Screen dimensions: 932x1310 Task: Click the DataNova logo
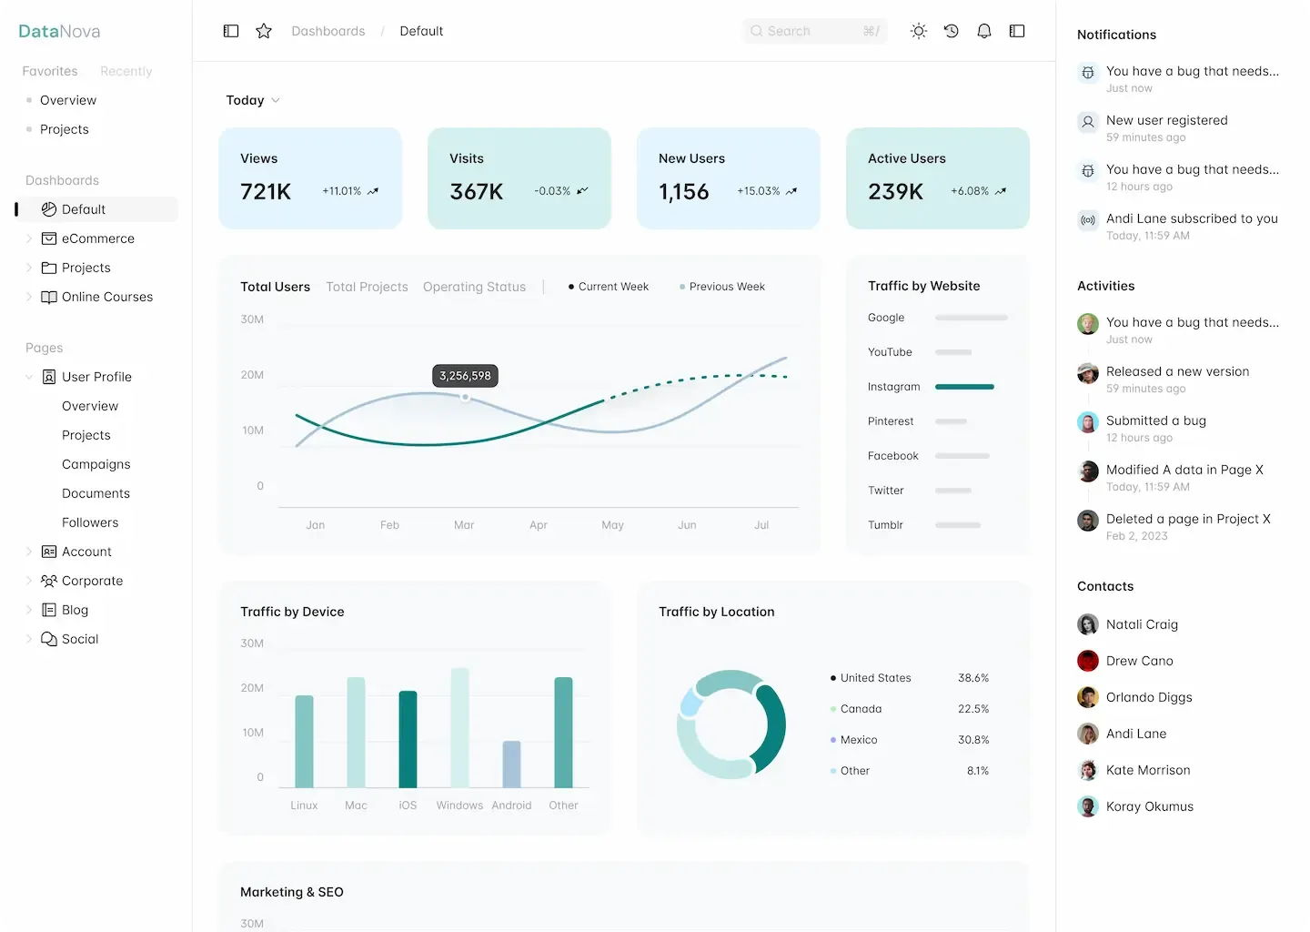59,31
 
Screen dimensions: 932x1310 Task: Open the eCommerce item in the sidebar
97,238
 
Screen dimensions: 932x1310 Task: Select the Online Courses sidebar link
106,297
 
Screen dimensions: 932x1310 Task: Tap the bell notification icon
983,31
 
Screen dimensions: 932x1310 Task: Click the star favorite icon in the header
264,31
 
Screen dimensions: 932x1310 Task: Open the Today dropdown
252,100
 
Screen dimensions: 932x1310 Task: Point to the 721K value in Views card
266,191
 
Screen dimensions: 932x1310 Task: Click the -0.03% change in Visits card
552,191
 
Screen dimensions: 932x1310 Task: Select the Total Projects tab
367,287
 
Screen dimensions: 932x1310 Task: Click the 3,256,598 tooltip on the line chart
465,376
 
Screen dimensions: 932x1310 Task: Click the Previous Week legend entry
726,287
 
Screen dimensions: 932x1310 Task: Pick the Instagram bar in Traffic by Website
964,387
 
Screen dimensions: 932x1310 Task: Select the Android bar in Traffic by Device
511,765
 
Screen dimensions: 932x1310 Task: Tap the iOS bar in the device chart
408,739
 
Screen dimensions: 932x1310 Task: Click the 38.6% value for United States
972,678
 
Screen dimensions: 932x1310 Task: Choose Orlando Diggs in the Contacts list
1148,697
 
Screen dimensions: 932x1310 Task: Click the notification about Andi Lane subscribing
1191,218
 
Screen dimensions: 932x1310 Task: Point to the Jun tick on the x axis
687,525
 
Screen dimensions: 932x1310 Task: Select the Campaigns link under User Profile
96,464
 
